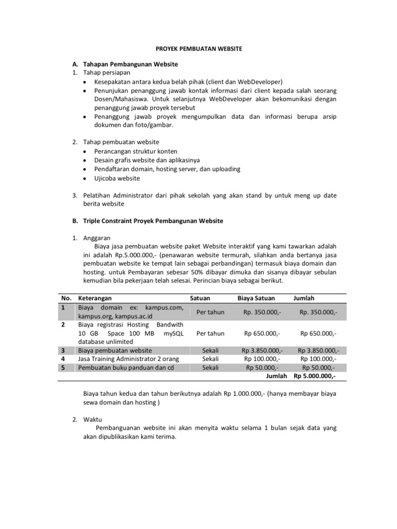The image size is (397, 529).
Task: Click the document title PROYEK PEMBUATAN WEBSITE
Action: tap(199, 48)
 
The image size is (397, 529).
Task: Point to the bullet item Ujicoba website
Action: tap(117, 179)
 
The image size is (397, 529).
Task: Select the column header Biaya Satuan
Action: tap(256, 298)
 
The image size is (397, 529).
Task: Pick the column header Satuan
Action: tap(200, 298)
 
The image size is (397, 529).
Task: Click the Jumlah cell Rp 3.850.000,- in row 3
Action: tap(318, 350)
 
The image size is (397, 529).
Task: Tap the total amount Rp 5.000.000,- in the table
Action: tap(315, 376)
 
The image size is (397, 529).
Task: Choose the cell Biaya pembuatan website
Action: tap(112, 350)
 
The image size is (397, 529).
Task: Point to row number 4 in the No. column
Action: tap(63, 359)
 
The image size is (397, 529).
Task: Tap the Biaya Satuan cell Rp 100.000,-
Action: tap(262, 359)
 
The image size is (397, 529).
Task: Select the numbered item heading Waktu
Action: tap(94, 419)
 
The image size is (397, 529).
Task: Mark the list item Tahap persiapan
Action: tap(105, 73)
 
